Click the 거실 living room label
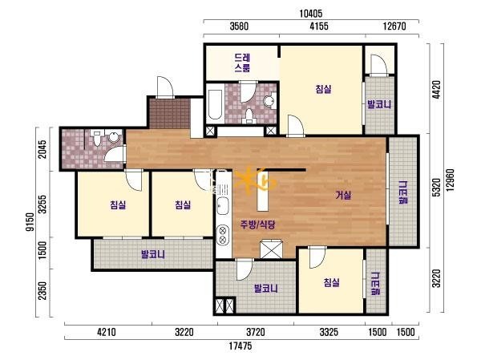coord(343,195)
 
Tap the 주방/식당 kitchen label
coord(258,225)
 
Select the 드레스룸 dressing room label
coord(242,63)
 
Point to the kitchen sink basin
coord(222,205)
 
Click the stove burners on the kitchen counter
coord(223,234)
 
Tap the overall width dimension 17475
coord(240,346)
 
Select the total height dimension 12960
coord(450,180)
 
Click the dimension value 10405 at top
coord(311,14)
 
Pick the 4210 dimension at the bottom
coord(107,332)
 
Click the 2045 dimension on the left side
coord(42,149)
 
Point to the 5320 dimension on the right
coord(436,188)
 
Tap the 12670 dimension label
coord(394,26)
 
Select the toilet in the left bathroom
coord(97,138)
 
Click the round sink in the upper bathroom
coord(269,100)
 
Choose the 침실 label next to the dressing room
coord(323,89)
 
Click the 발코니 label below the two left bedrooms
coord(153,254)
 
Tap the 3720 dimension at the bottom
coord(256,332)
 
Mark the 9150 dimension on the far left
coord(30,222)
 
